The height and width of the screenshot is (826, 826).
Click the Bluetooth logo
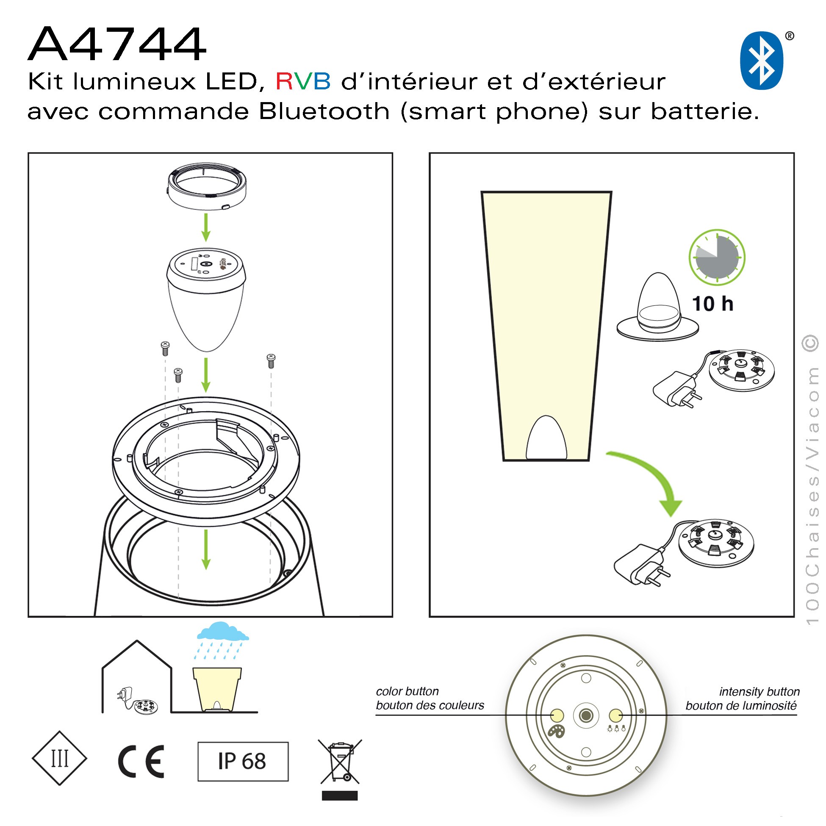[762, 60]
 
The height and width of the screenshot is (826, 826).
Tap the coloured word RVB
[303, 81]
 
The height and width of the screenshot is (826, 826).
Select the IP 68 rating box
[243, 762]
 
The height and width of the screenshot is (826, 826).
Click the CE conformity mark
[141, 762]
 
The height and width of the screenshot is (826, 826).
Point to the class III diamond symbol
[59, 758]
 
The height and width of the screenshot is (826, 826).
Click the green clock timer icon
[717, 258]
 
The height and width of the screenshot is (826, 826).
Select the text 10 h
[713, 304]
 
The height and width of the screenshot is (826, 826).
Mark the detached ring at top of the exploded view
[207, 186]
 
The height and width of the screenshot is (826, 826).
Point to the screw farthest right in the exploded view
[271, 361]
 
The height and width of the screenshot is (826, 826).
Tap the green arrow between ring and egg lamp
[206, 227]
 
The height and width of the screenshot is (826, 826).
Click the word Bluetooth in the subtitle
[324, 111]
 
